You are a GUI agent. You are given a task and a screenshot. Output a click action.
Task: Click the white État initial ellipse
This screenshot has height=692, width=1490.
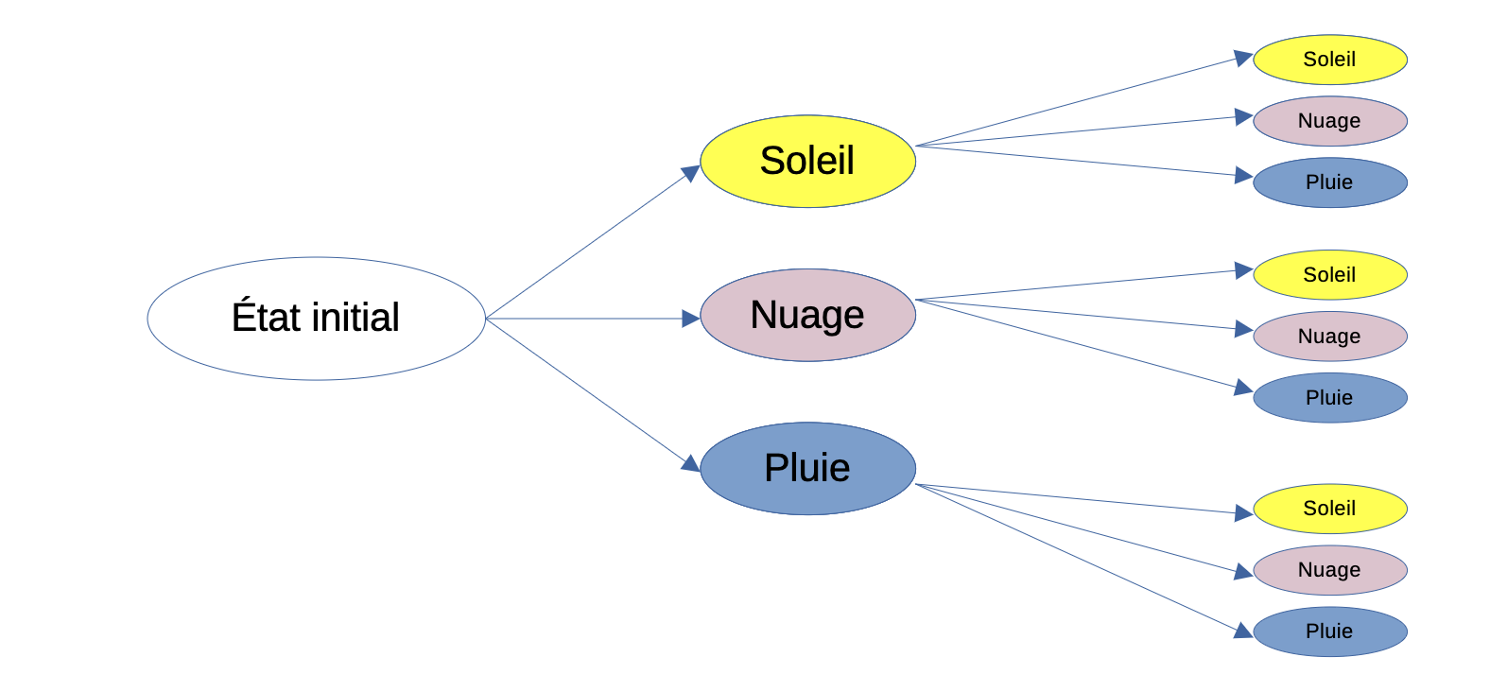[x=317, y=319]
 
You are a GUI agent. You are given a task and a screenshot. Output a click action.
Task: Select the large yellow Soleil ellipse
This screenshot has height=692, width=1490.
[x=808, y=161]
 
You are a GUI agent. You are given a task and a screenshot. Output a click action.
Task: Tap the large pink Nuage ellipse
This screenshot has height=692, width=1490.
[x=808, y=315]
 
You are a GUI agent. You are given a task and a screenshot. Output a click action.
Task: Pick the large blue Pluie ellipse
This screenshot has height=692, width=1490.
[x=808, y=469]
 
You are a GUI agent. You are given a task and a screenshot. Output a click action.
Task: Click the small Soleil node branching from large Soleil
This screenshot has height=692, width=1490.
[x=1330, y=60]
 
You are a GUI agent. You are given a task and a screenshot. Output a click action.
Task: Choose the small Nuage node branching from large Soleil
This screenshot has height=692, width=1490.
[x=1330, y=121]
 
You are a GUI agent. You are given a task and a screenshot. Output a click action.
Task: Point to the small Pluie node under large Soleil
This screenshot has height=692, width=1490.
[x=1330, y=182]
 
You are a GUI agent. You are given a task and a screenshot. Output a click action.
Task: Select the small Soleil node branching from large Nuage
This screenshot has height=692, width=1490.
[x=1330, y=275]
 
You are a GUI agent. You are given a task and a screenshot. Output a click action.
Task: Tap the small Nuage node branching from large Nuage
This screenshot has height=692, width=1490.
[x=1330, y=336]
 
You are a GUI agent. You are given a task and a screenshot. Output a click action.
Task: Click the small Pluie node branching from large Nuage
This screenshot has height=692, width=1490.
[x=1330, y=398]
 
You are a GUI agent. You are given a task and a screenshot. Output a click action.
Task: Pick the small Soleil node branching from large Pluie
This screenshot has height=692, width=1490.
[x=1330, y=509]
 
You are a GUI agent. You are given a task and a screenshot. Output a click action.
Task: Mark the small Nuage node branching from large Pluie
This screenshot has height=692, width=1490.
[x=1330, y=569]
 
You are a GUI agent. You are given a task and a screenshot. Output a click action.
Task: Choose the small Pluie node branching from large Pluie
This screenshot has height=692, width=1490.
[x=1330, y=631]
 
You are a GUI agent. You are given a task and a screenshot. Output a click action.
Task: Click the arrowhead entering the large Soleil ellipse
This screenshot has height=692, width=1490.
[x=691, y=173]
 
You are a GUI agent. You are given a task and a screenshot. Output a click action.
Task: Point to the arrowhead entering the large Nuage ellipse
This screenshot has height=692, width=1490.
[x=691, y=319]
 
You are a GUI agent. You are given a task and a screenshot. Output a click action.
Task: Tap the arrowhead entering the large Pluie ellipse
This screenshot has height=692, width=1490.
[x=691, y=464]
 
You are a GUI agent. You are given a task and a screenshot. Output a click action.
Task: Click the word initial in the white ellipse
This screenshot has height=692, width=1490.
[x=355, y=317]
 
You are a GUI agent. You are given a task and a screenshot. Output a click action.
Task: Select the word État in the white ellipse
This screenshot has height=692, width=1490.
[x=266, y=315]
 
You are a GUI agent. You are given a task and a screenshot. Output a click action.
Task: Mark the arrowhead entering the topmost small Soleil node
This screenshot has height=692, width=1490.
[x=1244, y=58]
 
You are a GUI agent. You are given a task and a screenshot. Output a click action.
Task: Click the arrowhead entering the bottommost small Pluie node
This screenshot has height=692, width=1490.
[x=1244, y=631]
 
